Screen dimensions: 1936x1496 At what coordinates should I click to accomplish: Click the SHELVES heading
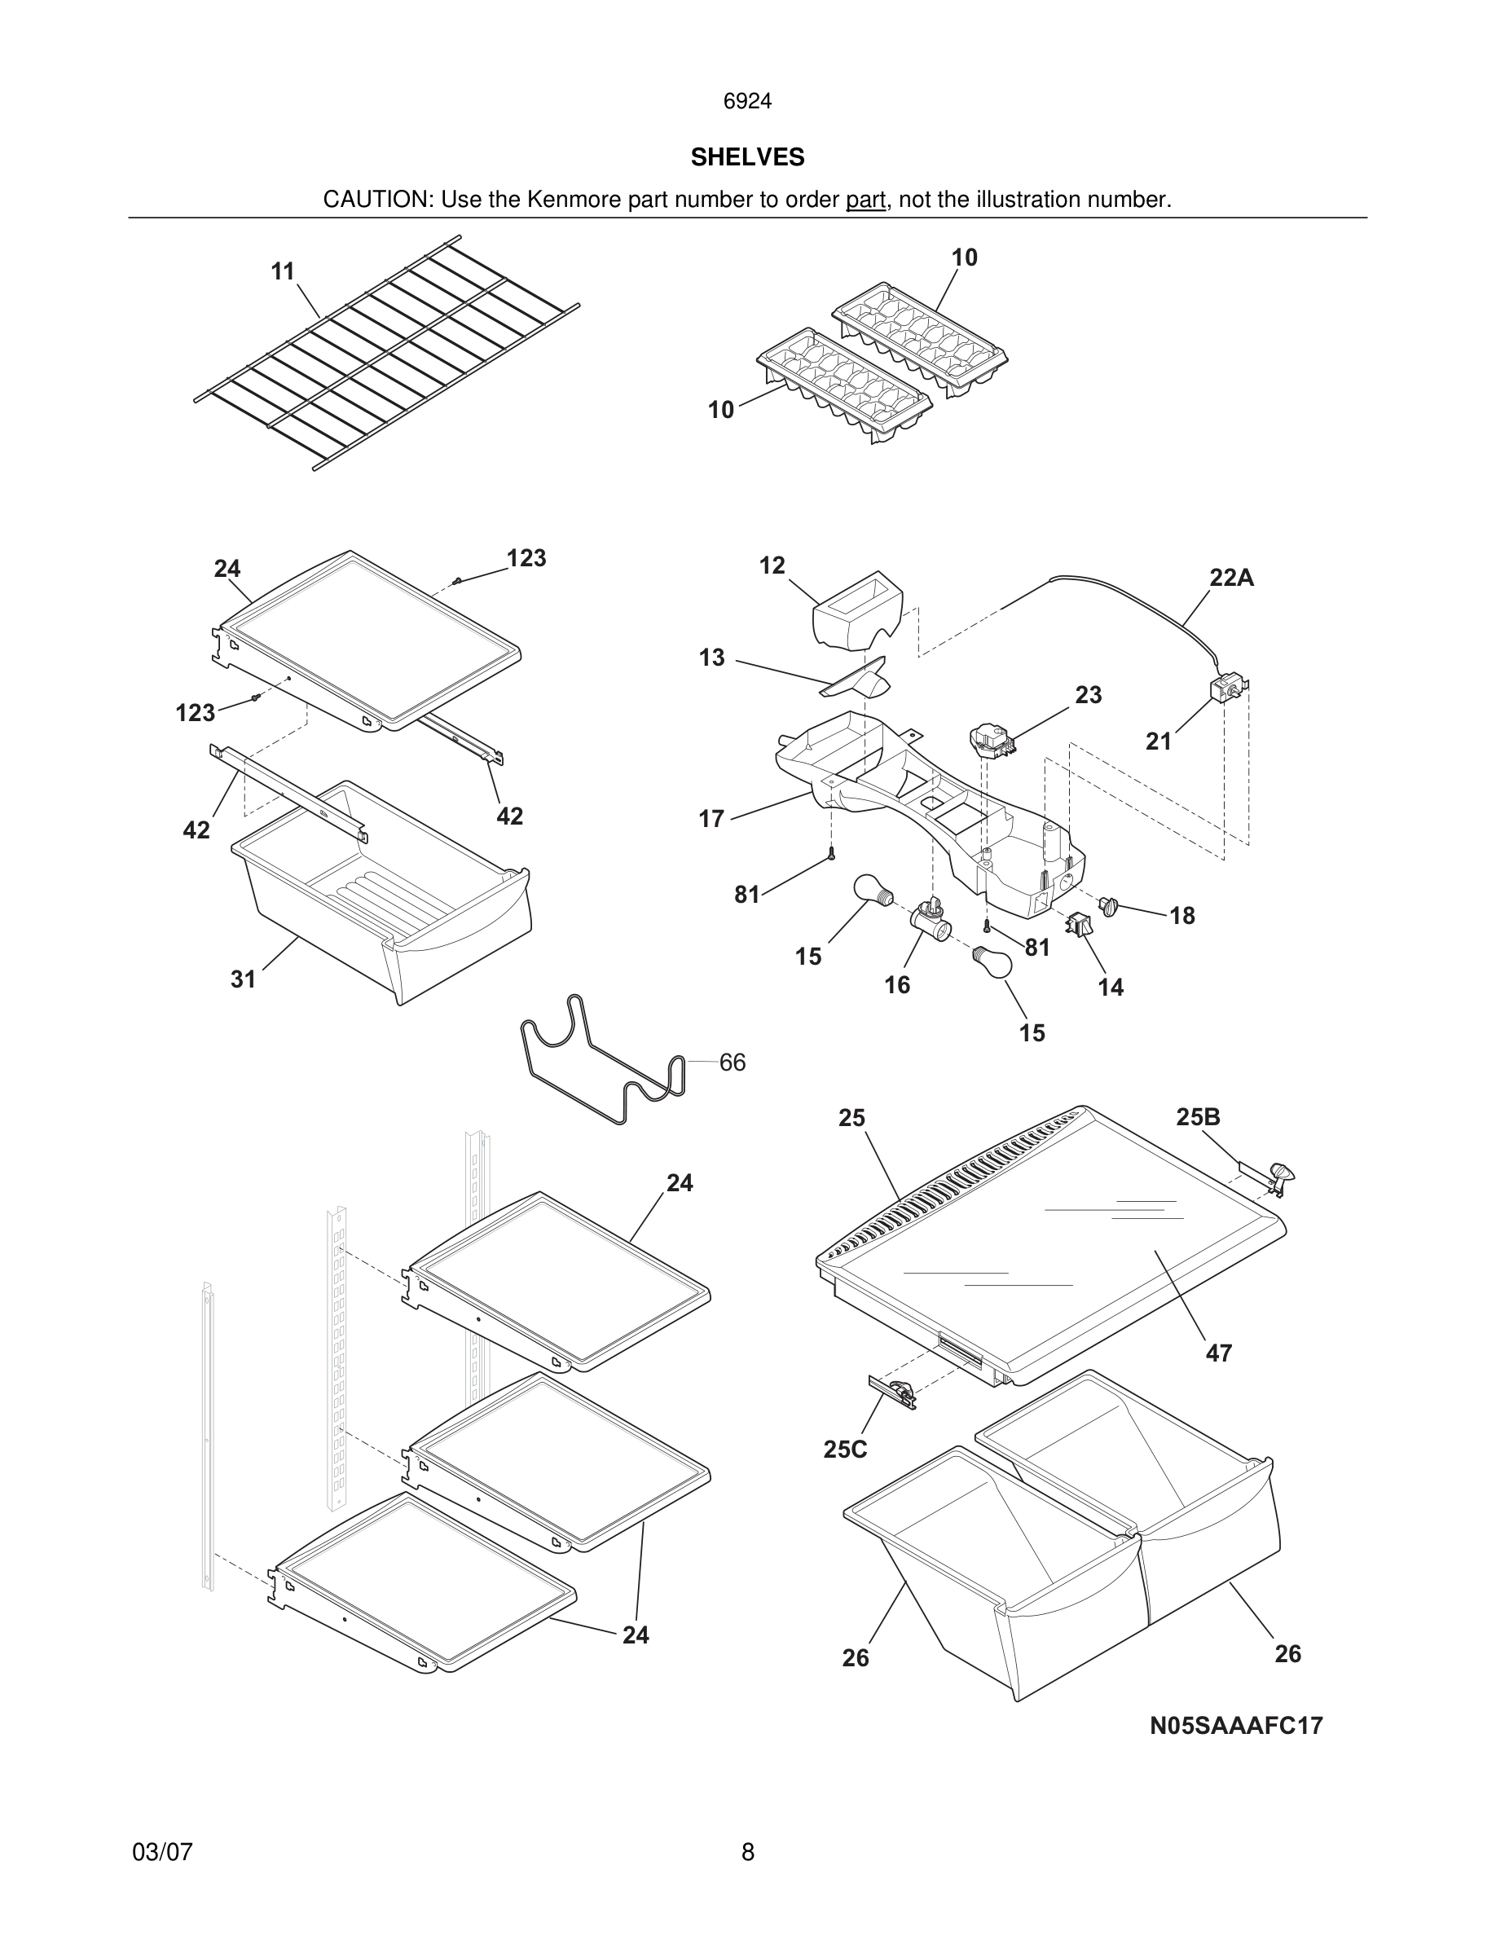coord(747,158)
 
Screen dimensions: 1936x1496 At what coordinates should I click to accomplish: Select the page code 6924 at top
coord(747,102)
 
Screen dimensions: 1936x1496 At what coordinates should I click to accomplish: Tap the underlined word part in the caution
coord(865,200)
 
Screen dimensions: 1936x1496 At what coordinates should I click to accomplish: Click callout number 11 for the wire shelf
coord(283,271)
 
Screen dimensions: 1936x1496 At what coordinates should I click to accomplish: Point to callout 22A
coord(1231,578)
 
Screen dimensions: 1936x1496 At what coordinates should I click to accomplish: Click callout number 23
coord(1089,695)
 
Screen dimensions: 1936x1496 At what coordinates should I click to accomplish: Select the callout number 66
coord(732,1062)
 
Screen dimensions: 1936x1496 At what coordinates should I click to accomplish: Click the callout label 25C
coord(845,1450)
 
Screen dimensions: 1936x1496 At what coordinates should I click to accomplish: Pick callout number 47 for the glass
coord(1219,1353)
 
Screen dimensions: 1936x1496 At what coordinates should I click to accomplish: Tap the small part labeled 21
coord(1229,689)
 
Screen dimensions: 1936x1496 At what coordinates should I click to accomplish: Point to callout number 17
coord(711,819)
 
